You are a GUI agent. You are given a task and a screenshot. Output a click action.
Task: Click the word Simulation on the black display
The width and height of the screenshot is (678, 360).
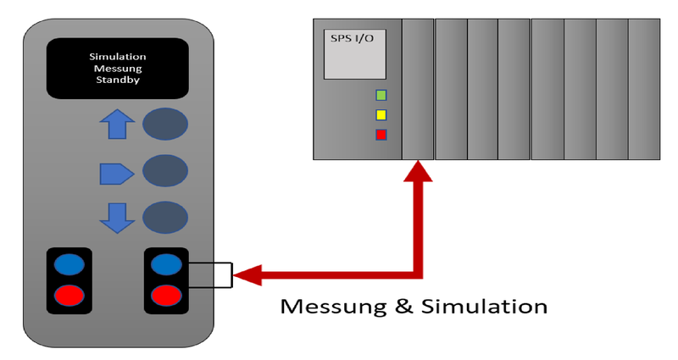coord(118,58)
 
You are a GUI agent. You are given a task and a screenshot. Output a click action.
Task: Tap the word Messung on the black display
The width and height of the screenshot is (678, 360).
coord(118,69)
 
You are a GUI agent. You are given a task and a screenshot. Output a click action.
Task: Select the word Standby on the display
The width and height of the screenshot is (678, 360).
coord(118,80)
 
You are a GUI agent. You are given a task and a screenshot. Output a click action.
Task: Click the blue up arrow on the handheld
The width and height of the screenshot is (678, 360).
coord(117,125)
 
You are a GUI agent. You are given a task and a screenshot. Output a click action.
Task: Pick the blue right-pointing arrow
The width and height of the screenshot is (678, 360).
coord(117,174)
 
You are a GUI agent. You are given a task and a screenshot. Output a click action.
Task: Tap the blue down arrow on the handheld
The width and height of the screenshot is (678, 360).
coord(117,218)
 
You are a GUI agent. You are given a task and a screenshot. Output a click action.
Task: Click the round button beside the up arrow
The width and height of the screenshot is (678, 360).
coord(164,125)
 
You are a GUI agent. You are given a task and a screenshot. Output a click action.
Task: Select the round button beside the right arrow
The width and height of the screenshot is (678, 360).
coord(164,171)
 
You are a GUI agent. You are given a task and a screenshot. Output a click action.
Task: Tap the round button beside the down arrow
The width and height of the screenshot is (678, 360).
coord(164,218)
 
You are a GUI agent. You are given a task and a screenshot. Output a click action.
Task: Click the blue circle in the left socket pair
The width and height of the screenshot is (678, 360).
coord(69,264)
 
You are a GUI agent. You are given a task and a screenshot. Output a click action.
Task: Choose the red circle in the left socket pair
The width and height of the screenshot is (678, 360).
coord(69,296)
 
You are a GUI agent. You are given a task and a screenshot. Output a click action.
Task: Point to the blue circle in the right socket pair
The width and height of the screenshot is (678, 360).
coord(166,264)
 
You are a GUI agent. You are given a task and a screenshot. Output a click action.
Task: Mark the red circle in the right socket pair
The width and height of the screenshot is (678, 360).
coord(166,296)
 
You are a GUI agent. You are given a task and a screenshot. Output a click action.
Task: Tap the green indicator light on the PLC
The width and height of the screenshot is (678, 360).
coord(381,95)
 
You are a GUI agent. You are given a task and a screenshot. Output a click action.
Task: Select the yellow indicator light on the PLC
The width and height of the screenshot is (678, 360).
coord(381,114)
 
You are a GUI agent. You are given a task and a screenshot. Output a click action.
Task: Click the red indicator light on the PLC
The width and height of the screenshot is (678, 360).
coord(381,135)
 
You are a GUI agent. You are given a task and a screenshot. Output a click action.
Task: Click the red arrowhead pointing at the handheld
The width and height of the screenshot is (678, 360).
coord(247,274)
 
